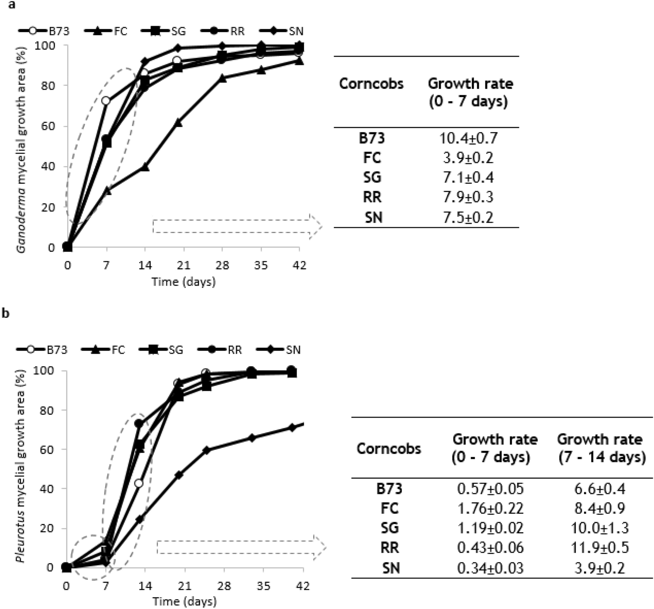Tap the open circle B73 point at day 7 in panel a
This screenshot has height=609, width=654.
(x=106, y=101)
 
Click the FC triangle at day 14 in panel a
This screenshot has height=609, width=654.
(x=145, y=167)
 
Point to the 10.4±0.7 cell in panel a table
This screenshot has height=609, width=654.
(x=468, y=138)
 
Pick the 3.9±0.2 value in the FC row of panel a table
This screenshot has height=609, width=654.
(x=468, y=158)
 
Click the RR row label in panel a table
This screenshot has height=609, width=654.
(x=372, y=197)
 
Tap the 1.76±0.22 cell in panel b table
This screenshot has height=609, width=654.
(x=490, y=508)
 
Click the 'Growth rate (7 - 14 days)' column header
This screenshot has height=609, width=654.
(x=601, y=448)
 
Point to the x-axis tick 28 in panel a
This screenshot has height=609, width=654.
(x=222, y=265)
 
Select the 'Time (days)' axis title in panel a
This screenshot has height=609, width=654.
(x=184, y=282)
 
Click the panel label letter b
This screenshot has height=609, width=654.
(x=6, y=314)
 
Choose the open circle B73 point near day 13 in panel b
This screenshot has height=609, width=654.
(x=139, y=483)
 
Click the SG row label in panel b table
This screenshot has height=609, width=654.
(x=390, y=528)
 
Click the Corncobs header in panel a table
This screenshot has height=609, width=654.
(x=371, y=84)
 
